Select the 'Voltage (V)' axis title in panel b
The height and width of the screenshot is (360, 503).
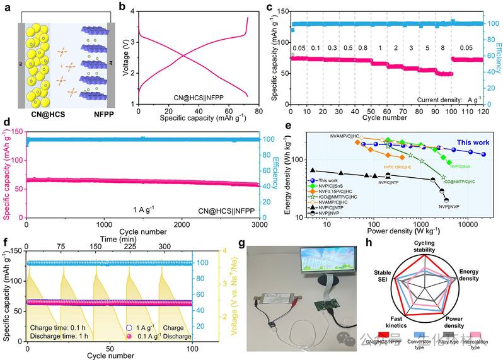coord(126,55)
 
